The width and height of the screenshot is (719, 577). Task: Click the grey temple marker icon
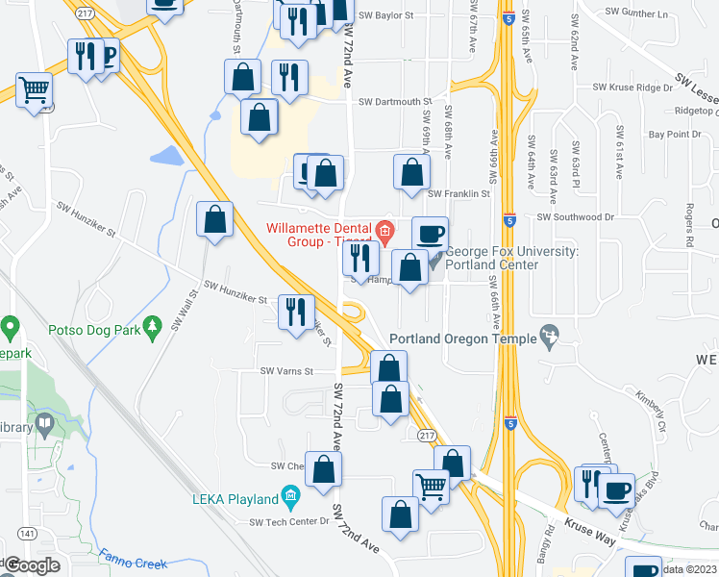(550, 334)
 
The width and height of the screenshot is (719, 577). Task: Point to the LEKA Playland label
(235, 498)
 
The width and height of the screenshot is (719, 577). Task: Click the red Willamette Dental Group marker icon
(385, 230)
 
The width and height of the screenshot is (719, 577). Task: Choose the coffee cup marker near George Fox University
(430, 233)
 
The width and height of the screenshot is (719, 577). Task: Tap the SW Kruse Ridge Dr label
(632, 88)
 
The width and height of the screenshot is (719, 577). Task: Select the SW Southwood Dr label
(575, 217)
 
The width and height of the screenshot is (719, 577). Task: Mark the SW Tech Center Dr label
(289, 522)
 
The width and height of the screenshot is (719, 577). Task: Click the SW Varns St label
(286, 371)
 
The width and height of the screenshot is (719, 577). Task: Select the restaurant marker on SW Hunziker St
(295, 311)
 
